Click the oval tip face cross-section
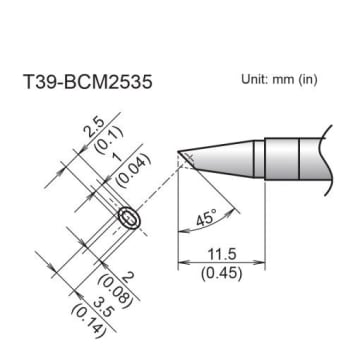[x=129, y=218]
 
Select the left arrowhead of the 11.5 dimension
[x=182, y=265]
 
